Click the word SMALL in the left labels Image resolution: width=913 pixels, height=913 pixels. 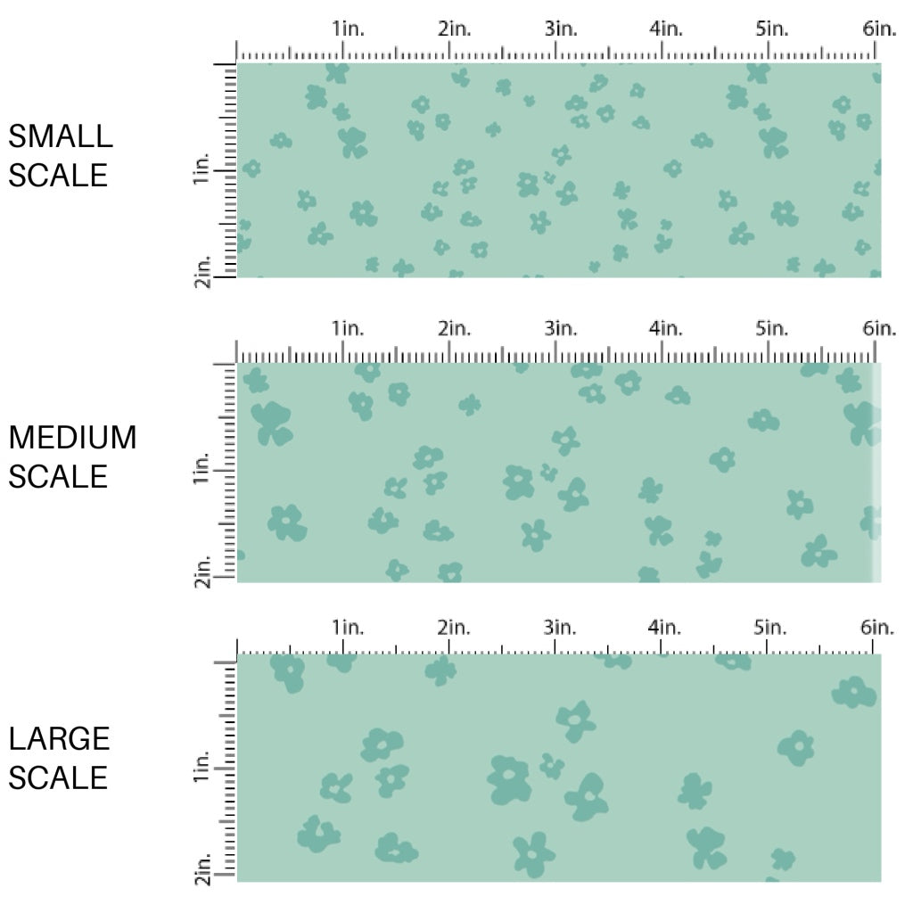coord(61,136)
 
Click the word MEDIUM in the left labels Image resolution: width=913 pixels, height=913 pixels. coord(72,438)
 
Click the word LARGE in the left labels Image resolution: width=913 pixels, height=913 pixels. coord(59,738)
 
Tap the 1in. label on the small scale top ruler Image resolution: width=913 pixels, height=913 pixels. coord(349,29)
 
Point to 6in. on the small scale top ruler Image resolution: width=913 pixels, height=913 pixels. coord(878,29)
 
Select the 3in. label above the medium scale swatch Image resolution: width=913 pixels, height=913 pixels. coord(561,328)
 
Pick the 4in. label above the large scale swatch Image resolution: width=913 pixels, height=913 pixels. coord(665,628)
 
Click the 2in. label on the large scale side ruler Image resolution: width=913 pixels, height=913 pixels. coord(202,869)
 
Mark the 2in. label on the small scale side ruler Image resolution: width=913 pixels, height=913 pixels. coord(201,269)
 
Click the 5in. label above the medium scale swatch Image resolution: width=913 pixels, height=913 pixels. coord(772,328)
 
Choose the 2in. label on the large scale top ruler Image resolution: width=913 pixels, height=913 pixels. coord(454,628)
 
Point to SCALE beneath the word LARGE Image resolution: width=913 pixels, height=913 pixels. coord(59,777)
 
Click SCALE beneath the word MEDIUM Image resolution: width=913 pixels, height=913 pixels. coord(59,477)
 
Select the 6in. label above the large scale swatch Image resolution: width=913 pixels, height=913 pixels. coord(878,628)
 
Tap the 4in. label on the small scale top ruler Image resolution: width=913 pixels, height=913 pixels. coord(665,29)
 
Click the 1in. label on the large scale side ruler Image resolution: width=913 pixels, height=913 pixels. coord(202,769)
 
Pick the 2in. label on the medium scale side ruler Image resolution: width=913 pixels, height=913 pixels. coord(201,571)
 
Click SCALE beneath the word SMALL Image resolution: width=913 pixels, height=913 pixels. coord(59,175)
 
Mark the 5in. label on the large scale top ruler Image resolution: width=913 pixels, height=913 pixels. coord(772,628)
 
